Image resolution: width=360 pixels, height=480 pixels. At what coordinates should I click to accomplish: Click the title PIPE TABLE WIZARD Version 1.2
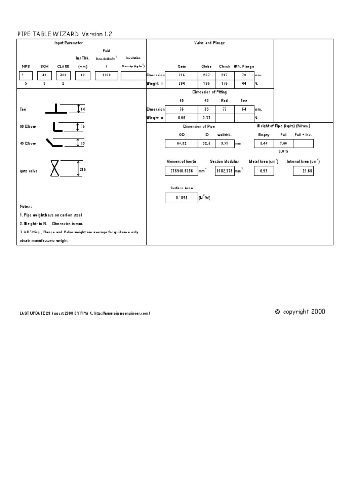coord(65,34)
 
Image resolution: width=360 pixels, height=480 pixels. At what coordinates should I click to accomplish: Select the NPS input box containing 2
coord(26,75)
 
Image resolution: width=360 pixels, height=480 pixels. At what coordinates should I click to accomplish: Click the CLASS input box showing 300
coord(63,75)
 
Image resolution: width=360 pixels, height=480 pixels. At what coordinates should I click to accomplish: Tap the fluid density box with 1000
coord(106,75)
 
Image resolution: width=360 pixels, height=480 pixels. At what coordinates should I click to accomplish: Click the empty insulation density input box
coord(133,75)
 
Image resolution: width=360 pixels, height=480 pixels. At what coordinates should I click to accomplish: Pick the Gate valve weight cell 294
coord(181,84)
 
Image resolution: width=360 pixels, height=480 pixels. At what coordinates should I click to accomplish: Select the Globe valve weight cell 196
coord(206,84)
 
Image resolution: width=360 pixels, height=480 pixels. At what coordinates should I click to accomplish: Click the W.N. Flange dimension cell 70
coord(243,75)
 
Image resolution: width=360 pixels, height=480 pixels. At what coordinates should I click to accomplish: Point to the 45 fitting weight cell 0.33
coord(206,118)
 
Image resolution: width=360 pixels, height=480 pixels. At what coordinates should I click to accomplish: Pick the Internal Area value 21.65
coord(303,172)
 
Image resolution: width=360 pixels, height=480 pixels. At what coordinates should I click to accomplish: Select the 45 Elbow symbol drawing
coord(55,142)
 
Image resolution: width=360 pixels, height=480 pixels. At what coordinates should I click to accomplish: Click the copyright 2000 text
coord(300,312)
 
